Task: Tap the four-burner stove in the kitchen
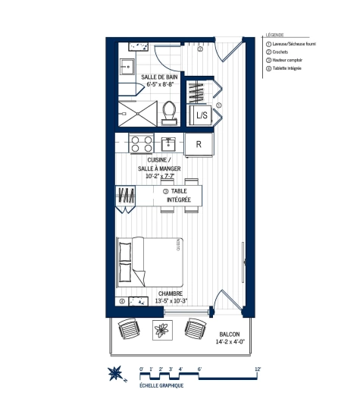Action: [139, 143]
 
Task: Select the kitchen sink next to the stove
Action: [169, 143]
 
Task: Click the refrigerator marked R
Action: [198, 144]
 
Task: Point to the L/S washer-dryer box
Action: [202, 116]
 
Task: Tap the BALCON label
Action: [230, 334]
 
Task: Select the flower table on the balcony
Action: [161, 330]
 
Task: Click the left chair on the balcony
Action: [129, 330]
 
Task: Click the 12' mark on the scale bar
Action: [258, 369]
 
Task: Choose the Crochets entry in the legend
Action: [282, 52]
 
